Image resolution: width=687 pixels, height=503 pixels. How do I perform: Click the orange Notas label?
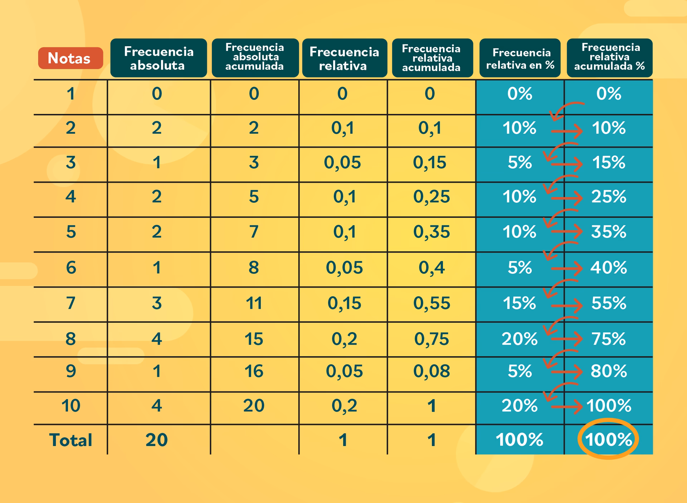coord(70,58)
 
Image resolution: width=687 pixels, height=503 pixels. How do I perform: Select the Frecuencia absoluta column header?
coord(159,58)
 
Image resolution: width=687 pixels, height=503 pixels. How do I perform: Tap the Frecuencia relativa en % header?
coord(520,58)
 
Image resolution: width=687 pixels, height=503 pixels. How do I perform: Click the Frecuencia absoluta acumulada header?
coord(255,57)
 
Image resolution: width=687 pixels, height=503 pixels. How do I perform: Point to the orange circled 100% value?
coord(608,439)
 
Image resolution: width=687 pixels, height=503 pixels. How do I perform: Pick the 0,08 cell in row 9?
coord(432,371)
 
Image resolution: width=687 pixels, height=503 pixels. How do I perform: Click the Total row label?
coord(70,440)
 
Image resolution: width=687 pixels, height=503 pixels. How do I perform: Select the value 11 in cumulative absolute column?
coord(254,303)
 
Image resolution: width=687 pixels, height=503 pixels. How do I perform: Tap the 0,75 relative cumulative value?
coord(432,339)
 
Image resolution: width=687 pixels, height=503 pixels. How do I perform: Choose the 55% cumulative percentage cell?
coord(609,303)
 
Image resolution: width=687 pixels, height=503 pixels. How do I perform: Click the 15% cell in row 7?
coord(520,303)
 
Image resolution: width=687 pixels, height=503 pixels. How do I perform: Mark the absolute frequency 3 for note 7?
coord(157,303)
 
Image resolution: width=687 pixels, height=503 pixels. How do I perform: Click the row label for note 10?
coord(70,406)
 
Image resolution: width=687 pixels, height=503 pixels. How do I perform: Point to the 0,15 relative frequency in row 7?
coord(344,303)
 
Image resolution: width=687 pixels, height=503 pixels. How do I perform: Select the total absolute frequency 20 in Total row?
coord(157,440)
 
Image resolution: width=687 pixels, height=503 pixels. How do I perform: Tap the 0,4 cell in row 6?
coord(432,268)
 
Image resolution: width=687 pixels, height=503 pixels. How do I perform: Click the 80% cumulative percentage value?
coord(609,371)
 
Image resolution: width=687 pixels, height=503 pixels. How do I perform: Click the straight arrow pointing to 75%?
coord(567,339)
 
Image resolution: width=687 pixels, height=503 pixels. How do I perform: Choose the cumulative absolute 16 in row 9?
coord(254,371)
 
